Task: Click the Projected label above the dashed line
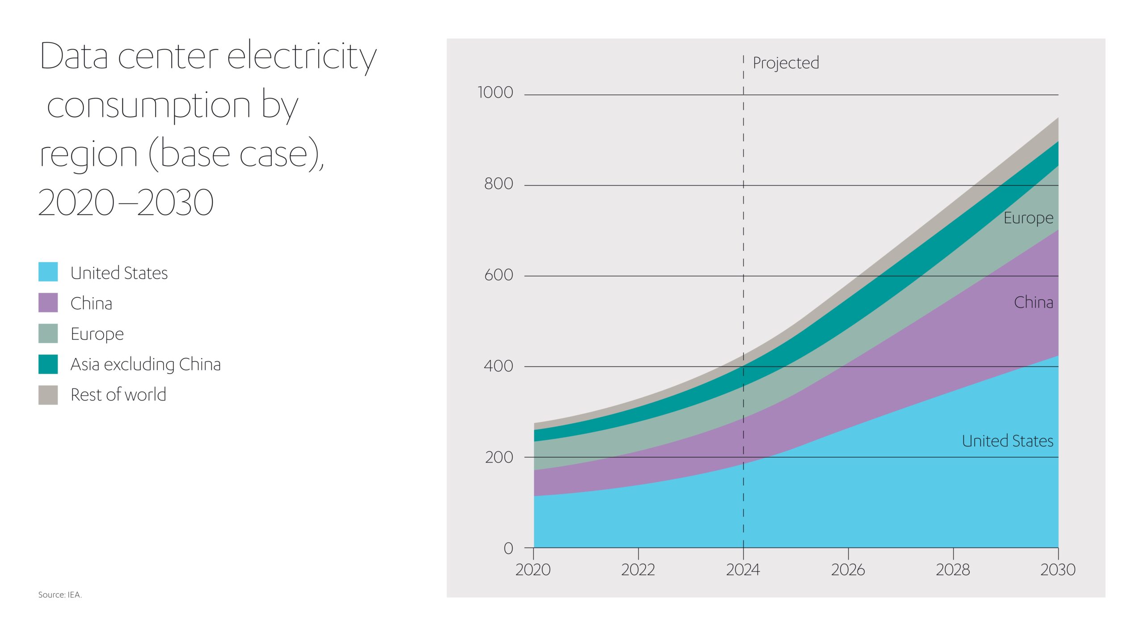click(786, 63)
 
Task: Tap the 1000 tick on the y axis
click(495, 93)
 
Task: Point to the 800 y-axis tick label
click(498, 184)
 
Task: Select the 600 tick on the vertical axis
click(498, 275)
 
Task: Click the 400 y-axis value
click(498, 366)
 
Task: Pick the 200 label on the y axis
click(499, 457)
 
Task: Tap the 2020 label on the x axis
click(533, 570)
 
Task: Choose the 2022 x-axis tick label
click(638, 570)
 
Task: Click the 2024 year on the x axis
click(743, 570)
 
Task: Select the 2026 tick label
click(848, 570)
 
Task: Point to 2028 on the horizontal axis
click(953, 570)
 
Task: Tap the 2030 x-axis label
click(1058, 570)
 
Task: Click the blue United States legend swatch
click(48, 272)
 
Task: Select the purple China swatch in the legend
click(48, 303)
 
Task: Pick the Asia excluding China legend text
click(146, 364)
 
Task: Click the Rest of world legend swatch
click(48, 395)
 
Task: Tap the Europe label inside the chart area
click(1028, 218)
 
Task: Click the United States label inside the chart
click(1007, 441)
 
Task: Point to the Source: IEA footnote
click(60, 595)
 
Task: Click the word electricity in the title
click(302, 57)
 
